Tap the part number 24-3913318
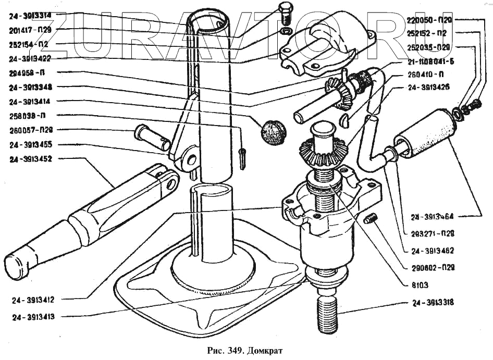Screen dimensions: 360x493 tap(433, 303)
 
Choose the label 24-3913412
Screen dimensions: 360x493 tap(39, 300)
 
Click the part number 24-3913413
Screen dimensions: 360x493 tap(39, 316)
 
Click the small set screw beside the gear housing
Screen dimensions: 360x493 tap(370, 219)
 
